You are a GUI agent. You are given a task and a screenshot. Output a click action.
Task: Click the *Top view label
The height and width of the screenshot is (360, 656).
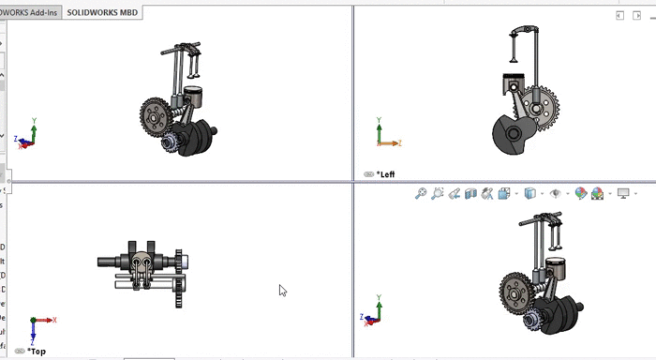point(36,352)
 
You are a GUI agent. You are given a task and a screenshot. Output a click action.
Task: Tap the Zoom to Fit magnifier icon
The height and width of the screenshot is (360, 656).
point(422,193)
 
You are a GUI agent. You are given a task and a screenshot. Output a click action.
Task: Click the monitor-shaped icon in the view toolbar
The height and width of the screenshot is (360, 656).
point(622,193)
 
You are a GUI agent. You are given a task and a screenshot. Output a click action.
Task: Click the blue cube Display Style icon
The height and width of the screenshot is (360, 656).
point(530,193)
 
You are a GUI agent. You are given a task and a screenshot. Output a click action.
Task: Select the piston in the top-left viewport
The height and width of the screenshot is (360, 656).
point(192,98)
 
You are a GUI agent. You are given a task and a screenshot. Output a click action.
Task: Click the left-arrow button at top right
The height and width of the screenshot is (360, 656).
point(619,16)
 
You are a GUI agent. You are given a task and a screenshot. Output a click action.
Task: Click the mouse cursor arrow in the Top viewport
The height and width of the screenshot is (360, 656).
point(282,291)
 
